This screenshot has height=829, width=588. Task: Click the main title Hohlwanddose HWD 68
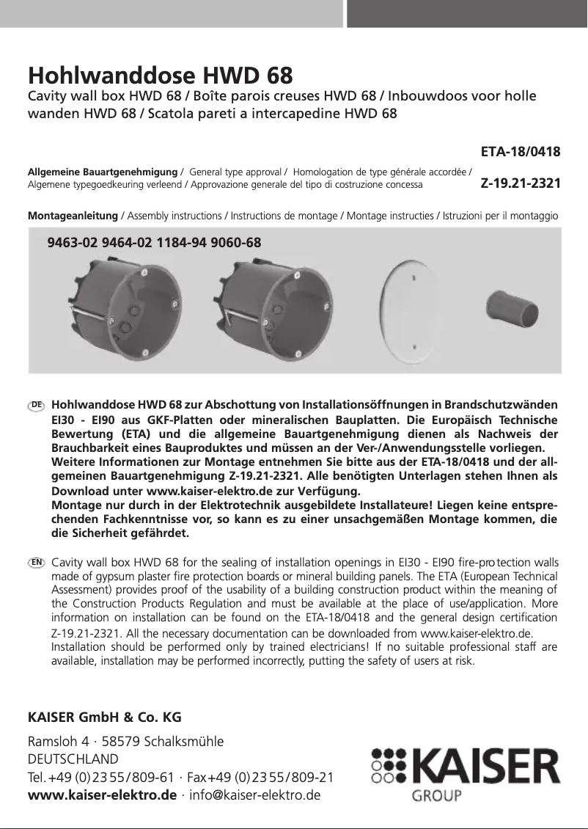point(160,76)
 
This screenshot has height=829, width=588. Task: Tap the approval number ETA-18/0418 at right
point(521,153)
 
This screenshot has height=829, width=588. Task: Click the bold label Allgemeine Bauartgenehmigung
point(102,172)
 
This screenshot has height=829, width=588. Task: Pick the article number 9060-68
point(235,241)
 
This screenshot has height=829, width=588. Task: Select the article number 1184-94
point(182,241)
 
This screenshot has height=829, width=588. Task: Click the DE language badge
point(37,405)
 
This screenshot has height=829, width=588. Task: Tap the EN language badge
point(37,562)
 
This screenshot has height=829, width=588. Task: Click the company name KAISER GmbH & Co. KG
point(104,716)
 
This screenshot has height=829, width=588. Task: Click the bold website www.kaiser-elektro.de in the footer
point(102,795)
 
